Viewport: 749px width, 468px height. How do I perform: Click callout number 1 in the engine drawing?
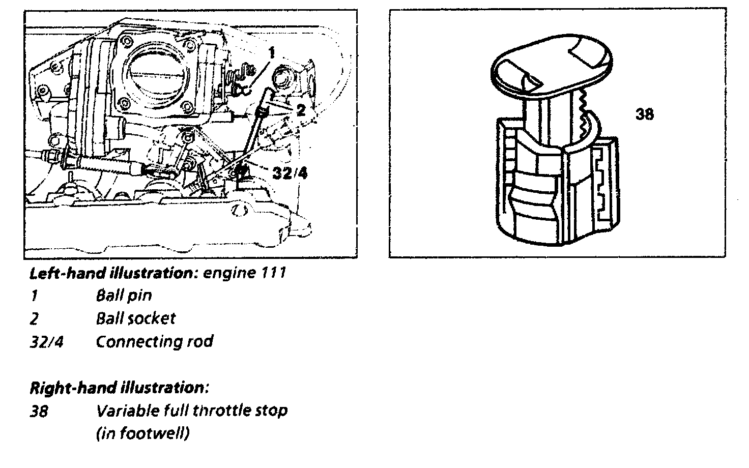272,52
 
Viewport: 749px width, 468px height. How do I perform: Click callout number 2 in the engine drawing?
301,109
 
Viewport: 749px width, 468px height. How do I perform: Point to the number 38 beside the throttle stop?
644,114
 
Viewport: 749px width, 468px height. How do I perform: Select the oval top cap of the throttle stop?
552,66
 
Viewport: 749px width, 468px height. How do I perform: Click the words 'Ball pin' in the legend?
124,296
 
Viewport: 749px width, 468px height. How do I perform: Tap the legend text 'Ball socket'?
135,318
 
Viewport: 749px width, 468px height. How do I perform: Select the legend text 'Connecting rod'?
154,341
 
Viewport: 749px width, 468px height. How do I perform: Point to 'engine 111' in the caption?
244,273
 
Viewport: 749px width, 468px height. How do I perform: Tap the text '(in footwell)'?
142,433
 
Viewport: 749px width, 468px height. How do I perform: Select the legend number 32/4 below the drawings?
47,342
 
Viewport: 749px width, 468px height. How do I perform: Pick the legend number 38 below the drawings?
39,411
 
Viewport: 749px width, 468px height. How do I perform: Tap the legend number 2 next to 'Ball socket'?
34,319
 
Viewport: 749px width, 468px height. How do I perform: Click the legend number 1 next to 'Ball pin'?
34,296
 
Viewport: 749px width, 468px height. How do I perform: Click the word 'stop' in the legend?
272,411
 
